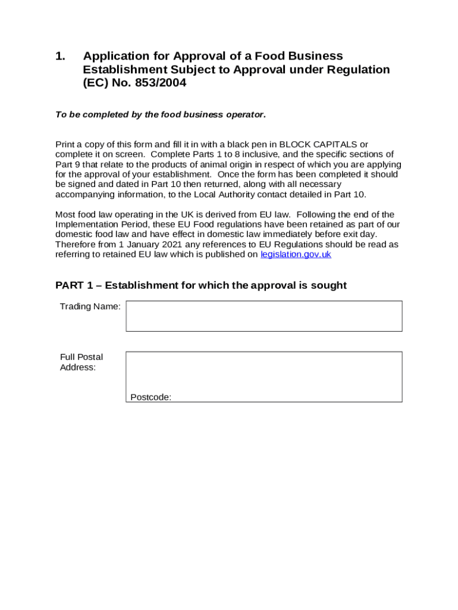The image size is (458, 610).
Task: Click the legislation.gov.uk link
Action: pyautogui.click(x=296, y=254)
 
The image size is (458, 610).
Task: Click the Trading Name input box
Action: pyautogui.click(x=263, y=316)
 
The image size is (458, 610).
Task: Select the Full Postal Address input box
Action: pyautogui.click(x=263, y=372)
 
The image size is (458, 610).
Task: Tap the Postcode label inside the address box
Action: pyautogui.click(x=150, y=397)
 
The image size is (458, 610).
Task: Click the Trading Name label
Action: pyautogui.click(x=90, y=307)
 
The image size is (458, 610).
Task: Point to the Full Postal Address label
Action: pyautogui.click(x=81, y=362)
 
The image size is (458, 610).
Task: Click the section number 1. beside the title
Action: pyautogui.click(x=60, y=56)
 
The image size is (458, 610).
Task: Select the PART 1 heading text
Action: pyautogui.click(x=200, y=285)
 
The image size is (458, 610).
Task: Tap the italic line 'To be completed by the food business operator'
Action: pyautogui.click(x=160, y=114)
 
